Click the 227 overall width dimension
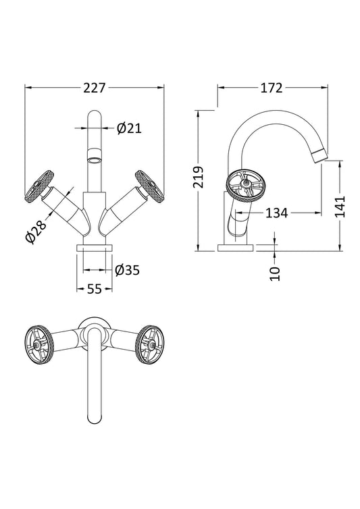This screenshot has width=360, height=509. pos(95,88)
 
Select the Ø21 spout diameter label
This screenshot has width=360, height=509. pos(129,128)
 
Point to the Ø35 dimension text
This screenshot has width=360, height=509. pos(127,270)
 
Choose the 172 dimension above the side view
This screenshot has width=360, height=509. pos(271,88)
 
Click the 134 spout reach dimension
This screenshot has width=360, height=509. pos(277,213)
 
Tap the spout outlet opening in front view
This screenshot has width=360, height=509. pos(95,161)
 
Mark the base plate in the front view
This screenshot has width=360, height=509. pos(94,248)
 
